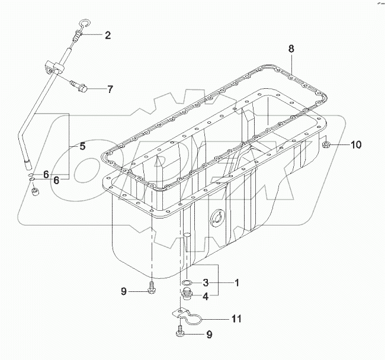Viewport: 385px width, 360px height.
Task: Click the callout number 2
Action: (107, 36)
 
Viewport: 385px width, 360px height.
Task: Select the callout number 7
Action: (110, 90)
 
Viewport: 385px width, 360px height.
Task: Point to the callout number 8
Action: (291, 50)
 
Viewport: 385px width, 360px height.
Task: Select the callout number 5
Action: (82, 146)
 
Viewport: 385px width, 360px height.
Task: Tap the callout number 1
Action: (236, 283)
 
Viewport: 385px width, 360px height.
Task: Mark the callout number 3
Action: (205, 283)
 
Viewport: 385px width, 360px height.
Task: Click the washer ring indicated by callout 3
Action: (187, 283)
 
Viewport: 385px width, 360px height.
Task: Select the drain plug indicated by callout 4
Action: (187, 296)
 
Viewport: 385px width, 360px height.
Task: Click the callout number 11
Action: (236, 319)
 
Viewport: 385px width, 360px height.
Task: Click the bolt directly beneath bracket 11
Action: (179, 334)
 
